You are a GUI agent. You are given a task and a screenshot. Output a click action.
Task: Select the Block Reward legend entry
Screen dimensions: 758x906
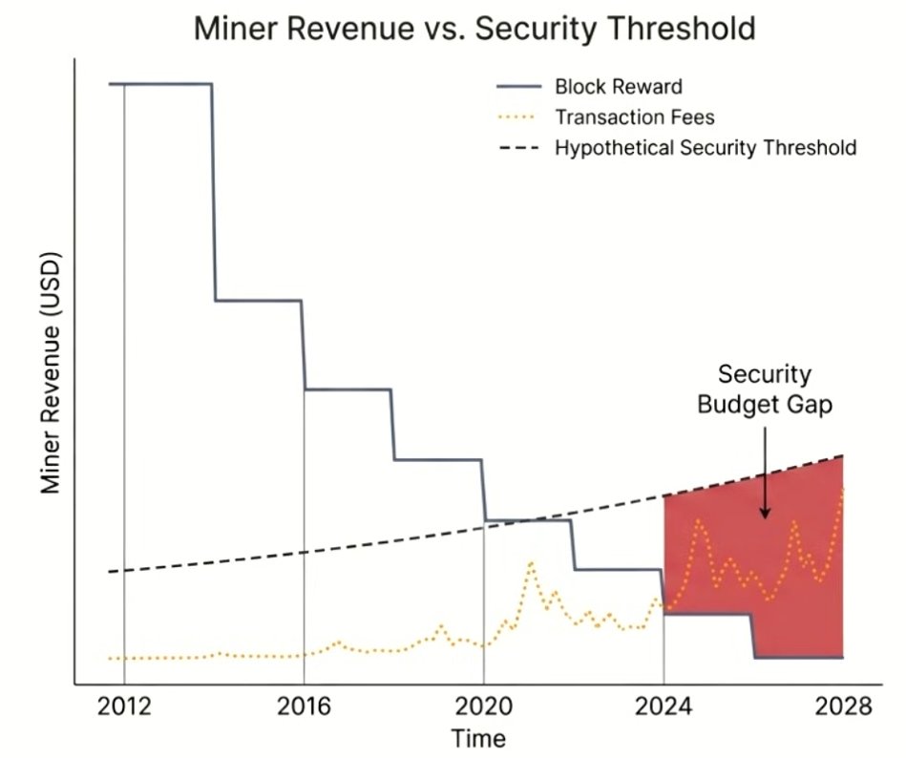tap(618, 87)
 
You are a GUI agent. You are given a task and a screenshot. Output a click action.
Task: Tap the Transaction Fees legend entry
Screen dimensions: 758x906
tap(634, 117)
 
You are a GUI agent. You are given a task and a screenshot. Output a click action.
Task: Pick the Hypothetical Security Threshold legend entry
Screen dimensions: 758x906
tap(705, 148)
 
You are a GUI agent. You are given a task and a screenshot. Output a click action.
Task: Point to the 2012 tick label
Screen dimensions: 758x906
tap(124, 707)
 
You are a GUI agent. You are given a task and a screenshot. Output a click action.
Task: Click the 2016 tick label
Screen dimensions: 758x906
tap(304, 707)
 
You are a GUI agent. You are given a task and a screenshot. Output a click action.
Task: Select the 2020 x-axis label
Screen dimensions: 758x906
tap(483, 707)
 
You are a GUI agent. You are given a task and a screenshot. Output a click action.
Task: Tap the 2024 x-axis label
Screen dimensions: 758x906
tap(664, 707)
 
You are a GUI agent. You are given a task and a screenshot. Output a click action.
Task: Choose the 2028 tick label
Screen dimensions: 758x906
tap(843, 707)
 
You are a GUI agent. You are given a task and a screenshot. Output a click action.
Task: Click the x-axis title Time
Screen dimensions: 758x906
tap(478, 738)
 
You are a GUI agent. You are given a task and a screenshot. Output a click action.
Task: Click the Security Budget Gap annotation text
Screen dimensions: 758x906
tap(765, 389)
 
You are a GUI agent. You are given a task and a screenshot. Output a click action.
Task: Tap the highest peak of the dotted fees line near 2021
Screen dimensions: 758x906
tap(530, 562)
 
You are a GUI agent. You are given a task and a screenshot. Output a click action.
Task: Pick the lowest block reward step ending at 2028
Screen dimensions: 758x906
tap(798, 657)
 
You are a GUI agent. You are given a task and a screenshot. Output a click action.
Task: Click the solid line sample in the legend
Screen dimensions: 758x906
tap(519, 87)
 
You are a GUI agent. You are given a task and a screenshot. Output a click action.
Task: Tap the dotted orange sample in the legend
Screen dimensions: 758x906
tap(519, 117)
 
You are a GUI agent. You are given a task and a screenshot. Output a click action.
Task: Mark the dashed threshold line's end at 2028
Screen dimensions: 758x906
tap(842, 456)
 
